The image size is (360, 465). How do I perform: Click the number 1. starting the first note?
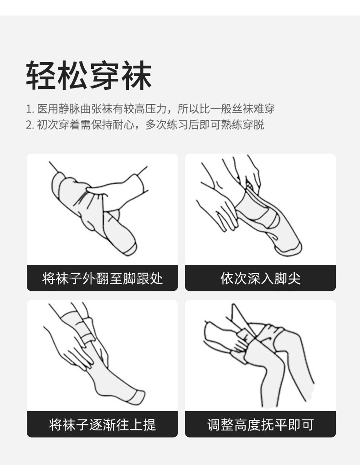point(30,109)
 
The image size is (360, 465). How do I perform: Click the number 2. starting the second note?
point(30,125)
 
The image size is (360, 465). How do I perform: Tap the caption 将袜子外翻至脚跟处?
point(103,279)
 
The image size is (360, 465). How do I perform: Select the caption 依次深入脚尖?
point(260,279)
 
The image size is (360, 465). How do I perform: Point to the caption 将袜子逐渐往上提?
point(103,424)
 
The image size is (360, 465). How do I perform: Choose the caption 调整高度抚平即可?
point(260,424)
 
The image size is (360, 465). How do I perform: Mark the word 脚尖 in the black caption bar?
point(287,279)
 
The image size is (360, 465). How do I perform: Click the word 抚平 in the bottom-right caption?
point(274,424)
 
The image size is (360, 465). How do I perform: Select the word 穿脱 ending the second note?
point(253,125)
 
